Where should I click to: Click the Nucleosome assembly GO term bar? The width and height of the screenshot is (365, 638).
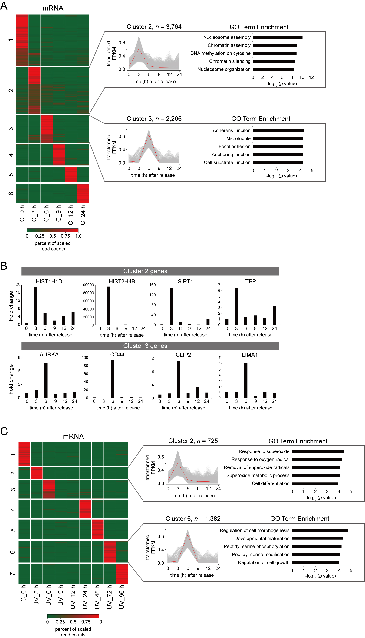(277, 37)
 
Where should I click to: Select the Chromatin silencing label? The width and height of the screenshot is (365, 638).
(230, 61)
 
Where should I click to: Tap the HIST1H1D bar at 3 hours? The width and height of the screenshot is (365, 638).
(36, 305)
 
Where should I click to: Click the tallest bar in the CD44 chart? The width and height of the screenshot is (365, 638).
(113, 379)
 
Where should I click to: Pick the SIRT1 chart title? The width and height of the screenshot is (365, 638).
(185, 281)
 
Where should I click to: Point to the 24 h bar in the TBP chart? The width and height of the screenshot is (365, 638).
(274, 315)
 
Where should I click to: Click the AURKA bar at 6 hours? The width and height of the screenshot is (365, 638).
(46, 380)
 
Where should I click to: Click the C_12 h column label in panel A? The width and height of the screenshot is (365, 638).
(71, 215)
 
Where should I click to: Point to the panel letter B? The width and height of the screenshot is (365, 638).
(4, 266)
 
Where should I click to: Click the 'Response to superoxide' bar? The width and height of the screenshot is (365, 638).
(317, 452)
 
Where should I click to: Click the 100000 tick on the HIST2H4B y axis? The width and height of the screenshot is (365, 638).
(87, 285)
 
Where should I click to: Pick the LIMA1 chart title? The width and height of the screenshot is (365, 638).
(249, 355)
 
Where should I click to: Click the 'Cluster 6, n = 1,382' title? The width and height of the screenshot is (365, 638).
(193, 519)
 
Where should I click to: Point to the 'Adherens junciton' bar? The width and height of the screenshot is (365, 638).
(278, 131)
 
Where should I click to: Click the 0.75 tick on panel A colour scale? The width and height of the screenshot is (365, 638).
(65, 236)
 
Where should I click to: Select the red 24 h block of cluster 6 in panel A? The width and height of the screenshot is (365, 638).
(83, 193)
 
